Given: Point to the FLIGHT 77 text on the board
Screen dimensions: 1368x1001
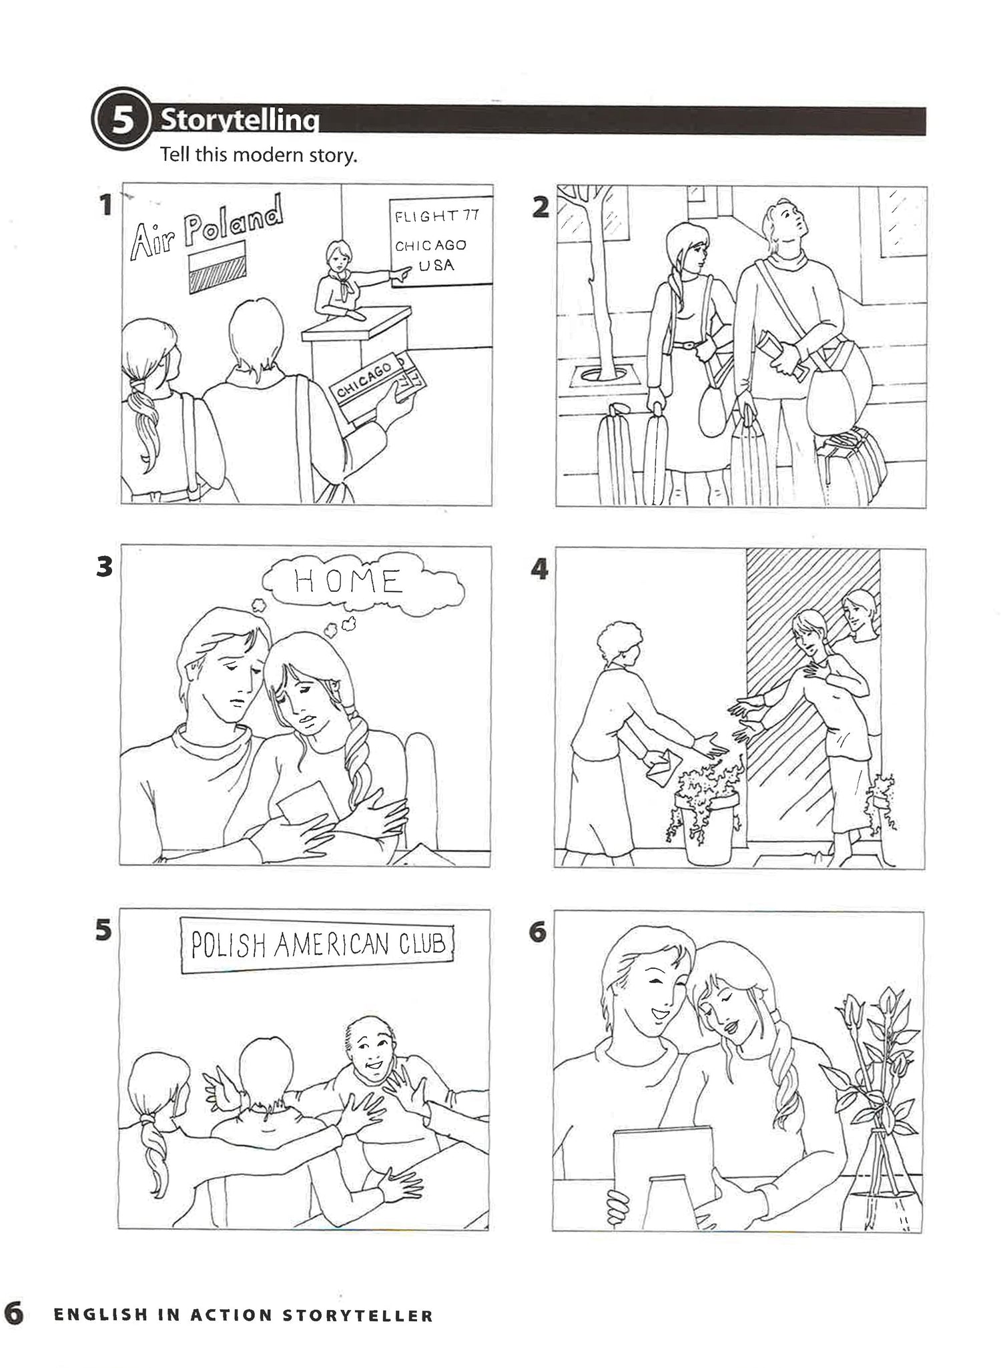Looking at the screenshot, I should point(436,216).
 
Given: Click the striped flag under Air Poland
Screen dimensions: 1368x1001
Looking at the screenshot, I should point(217,268).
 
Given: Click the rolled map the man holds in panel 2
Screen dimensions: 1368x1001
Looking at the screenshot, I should point(781,354).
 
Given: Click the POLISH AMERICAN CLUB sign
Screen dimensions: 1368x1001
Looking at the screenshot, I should point(318,946).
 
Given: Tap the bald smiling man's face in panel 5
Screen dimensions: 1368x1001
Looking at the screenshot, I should point(369,1054).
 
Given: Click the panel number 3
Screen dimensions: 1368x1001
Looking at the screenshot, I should point(105,567).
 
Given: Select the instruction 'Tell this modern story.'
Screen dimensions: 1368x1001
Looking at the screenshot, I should point(259,156).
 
